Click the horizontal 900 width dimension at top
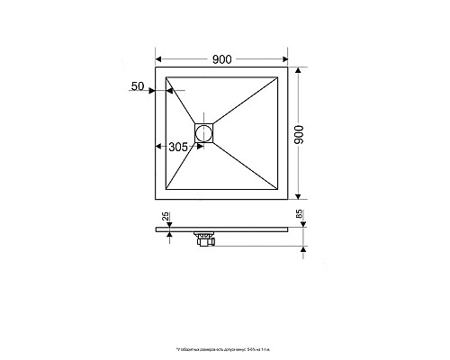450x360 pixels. coord(222,58)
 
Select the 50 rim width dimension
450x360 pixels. coord(138,85)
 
